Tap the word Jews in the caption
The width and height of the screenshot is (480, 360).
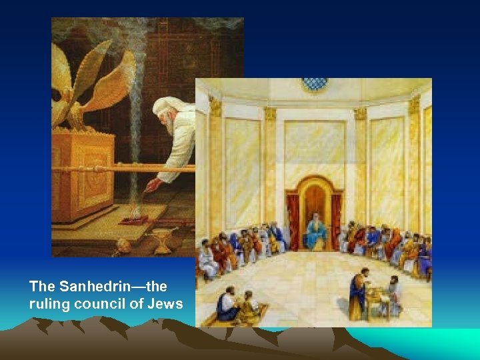(167, 305)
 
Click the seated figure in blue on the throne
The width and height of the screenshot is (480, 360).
(315, 233)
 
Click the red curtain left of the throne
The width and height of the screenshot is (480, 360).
(293, 219)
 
